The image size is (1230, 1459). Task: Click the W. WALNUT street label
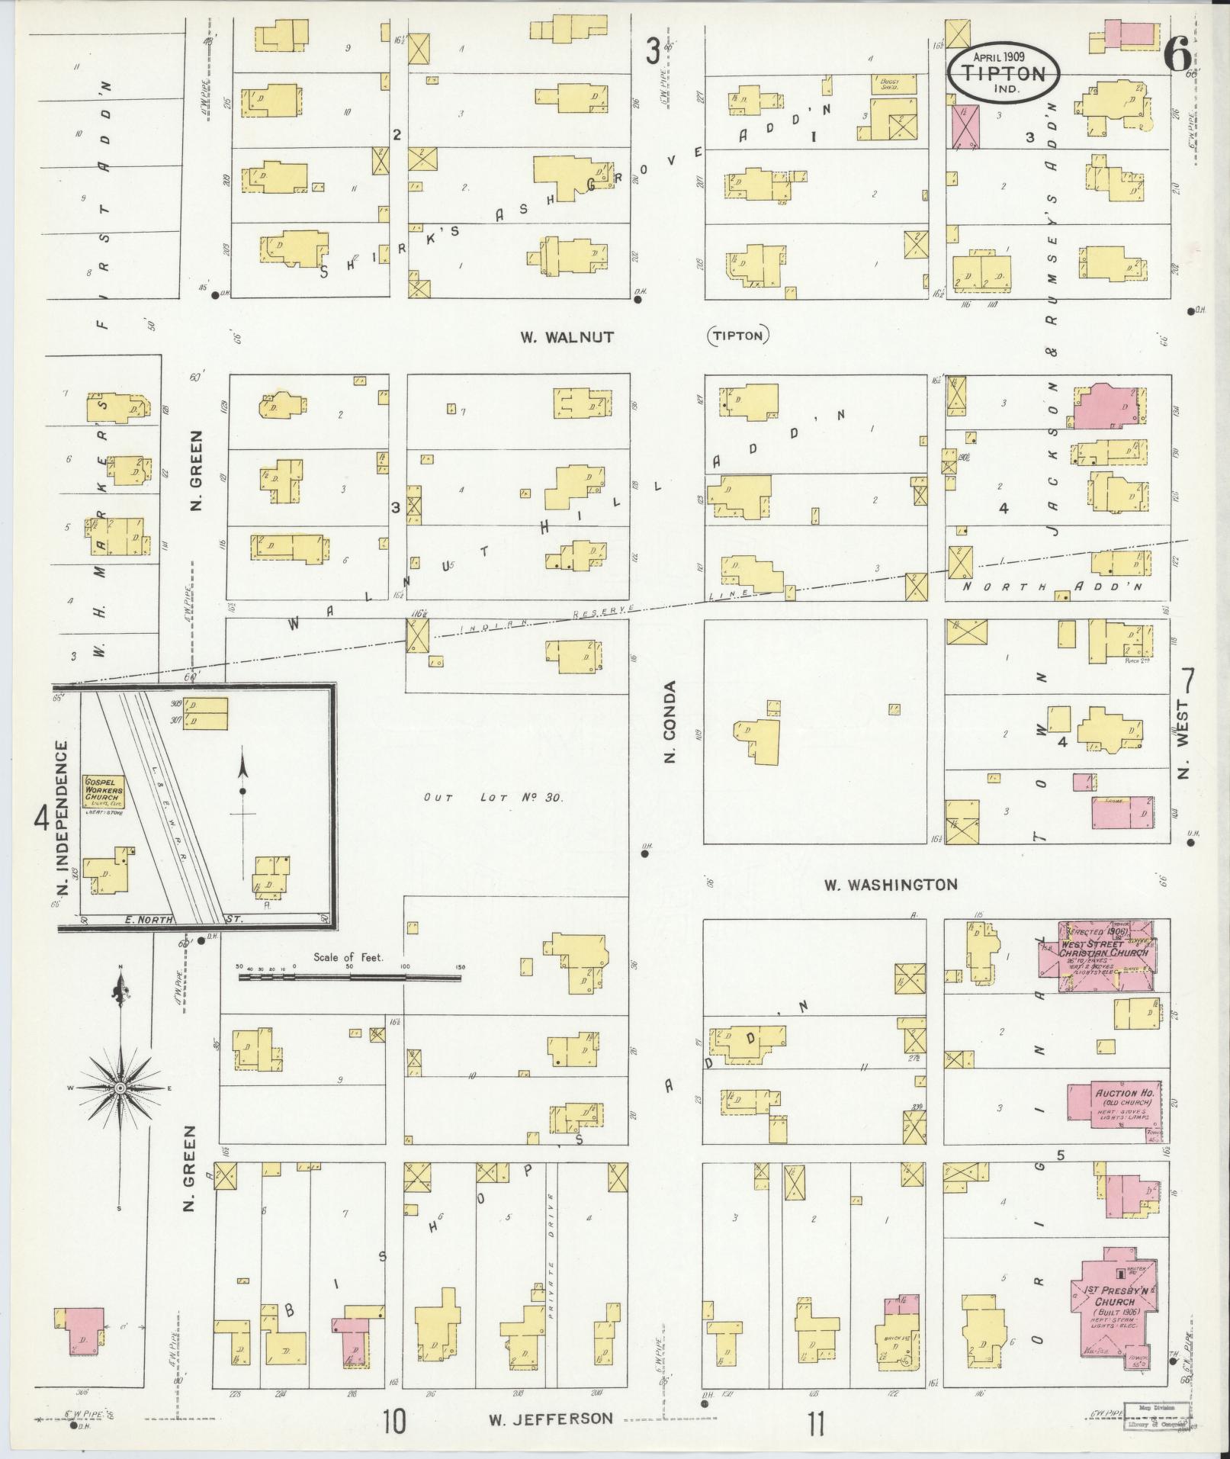[x=567, y=336]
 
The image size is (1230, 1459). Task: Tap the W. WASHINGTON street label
[x=890, y=885]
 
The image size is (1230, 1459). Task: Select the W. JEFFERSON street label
[x=550, y=1419]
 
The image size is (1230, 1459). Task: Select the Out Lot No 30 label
[x=493, y=798]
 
